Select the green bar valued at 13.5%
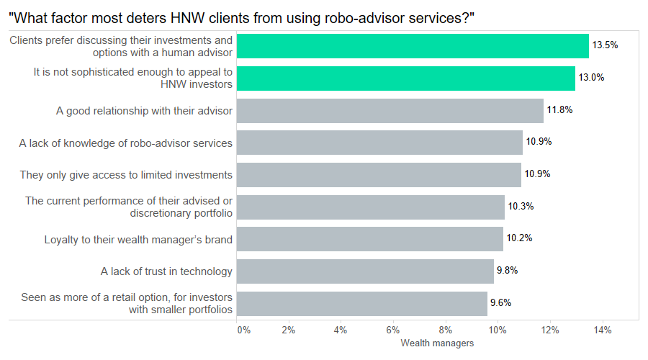tap(413, 46)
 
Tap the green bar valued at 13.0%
tap(406, 78)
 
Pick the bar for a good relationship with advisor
tap(390, 110)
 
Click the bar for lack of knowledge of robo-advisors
tap(379, 143)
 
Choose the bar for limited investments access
tap(379, 174)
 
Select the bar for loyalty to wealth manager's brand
tap(370, 238)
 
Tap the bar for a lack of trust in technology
tap(365, 271)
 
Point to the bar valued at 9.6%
tap(362, 303)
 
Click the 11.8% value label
tap(559, 110)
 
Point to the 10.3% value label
tap(521, 207)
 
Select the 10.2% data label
tap(519, 238)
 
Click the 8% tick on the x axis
tap(446, 330)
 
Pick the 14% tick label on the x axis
tap(603, 330)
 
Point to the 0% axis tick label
tap(243, 330)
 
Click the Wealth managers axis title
tap(437, 343)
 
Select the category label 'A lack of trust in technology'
tap(166, 271)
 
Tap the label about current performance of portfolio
tap(129, 207)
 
